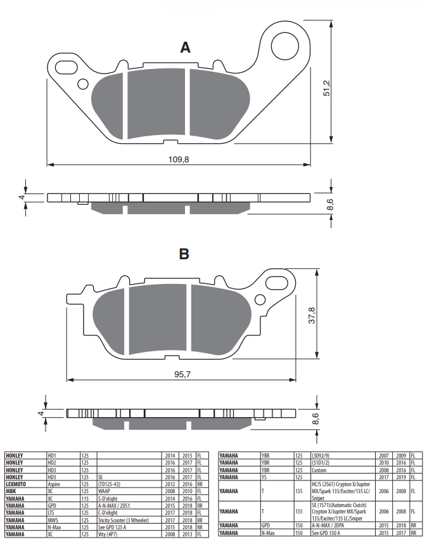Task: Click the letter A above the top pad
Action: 185,48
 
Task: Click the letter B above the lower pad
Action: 184,254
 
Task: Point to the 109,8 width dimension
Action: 179,159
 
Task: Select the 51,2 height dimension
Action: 326,88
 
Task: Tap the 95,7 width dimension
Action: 182,375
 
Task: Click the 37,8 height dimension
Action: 312,316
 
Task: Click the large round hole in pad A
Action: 284,46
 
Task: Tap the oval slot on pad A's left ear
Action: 66,67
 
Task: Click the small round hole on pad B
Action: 259,300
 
